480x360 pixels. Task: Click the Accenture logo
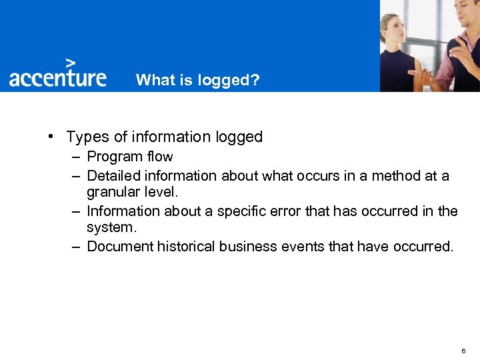click(57, 77)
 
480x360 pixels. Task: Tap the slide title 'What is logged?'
click(198, 80)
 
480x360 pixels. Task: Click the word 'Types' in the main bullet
click(88, 137)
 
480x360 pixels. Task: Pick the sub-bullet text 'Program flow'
click(130, 157)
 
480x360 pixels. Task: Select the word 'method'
click(395, 176)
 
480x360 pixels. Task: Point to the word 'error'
click(288, 211)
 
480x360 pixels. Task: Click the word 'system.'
click(111, 227)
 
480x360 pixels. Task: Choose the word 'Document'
click(120, 247)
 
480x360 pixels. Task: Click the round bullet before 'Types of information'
click(51, 137)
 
